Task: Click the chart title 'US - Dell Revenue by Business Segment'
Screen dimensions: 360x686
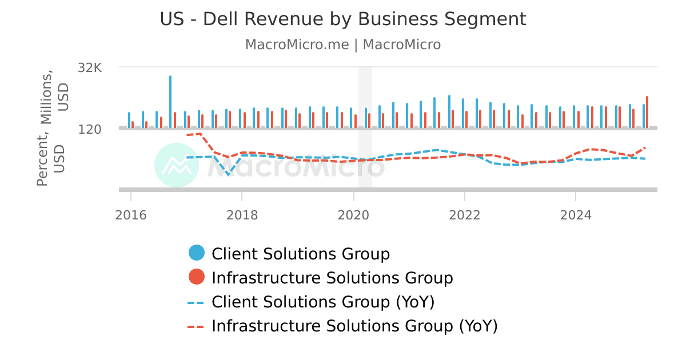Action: point(342,19)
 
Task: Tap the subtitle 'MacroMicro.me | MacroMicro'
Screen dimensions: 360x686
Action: point(342,45)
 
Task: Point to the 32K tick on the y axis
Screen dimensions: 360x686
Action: point(90,68)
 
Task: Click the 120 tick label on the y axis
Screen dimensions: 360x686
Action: point(90,130)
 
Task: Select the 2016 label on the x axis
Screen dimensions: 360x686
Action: point(131,215)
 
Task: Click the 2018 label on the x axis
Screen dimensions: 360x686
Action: point(242,215)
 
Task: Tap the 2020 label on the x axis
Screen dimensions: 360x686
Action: point(353,215)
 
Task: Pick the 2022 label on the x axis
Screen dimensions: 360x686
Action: point(465,215)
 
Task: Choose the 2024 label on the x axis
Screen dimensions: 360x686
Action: point(576,215)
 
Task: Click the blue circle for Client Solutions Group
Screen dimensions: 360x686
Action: point(197,253)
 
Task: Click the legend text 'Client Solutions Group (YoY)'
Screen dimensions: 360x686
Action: point(323,302)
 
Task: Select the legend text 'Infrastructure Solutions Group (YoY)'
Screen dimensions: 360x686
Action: point(354,326)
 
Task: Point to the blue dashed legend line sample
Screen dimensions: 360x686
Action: point(196,302)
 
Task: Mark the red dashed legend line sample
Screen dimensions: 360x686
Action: point(196,326)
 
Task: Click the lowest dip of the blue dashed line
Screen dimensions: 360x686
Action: point(229,175)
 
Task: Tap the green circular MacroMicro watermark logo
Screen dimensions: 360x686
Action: point(177,165)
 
